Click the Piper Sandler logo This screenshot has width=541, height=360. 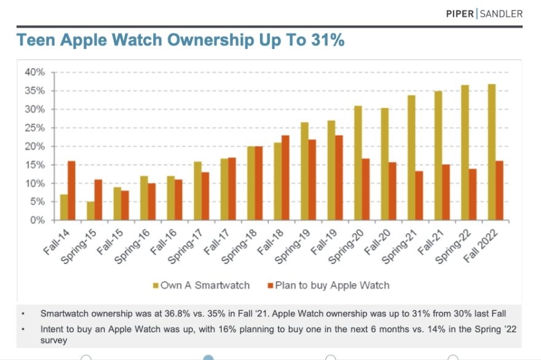pyautogui.click(x=484, y=14)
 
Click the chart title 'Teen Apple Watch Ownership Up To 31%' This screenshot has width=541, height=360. pyautogui.click(x=180, y=41)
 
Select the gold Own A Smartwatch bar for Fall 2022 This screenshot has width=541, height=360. pyautogui.click(x=491, y=152)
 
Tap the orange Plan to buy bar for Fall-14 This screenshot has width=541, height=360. pyautogui.click(x=71, y=190)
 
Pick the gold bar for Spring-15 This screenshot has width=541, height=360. pyautogui.click(x=91, y=211)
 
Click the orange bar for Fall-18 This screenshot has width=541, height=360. pyautogui.click(x=285, y=178)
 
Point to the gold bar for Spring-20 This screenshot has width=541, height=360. pyautogui.click(x=358, y=163)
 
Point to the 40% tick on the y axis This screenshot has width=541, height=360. pyautogui.click(x=35, y=72)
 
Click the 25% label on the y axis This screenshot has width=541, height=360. pyautogui.click(x=35, y=128)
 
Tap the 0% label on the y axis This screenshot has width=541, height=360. pyautogui.click(x=38, y=220)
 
